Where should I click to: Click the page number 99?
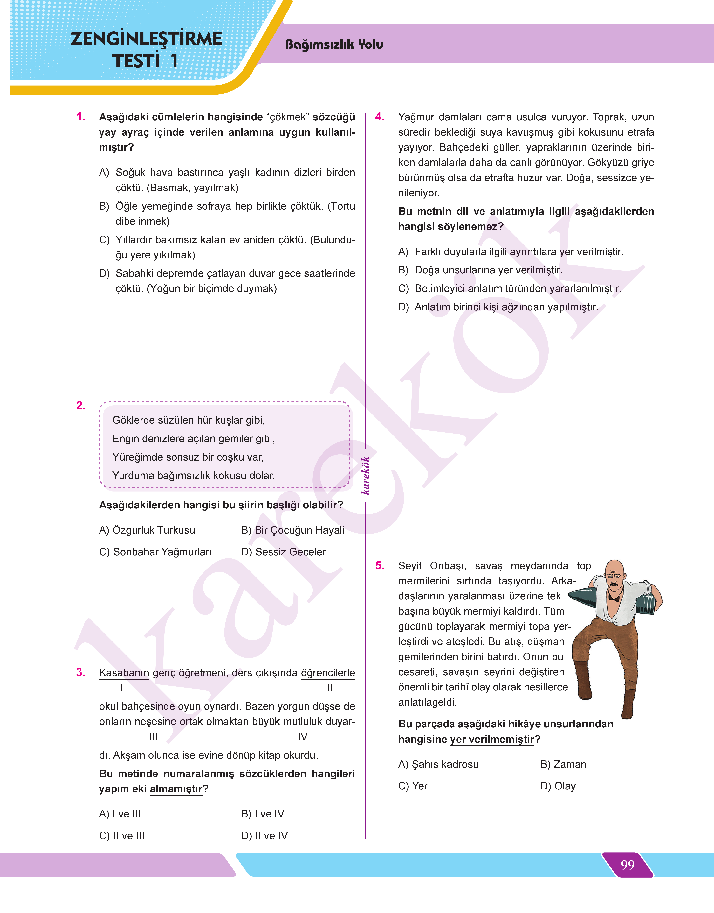(628, 865)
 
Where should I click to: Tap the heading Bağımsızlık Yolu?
(334, 44)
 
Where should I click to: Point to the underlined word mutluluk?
(303, 721)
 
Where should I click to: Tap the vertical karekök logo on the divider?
(366, 476)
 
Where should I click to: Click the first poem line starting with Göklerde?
(189, 420)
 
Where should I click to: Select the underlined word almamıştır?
(176, 789)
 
